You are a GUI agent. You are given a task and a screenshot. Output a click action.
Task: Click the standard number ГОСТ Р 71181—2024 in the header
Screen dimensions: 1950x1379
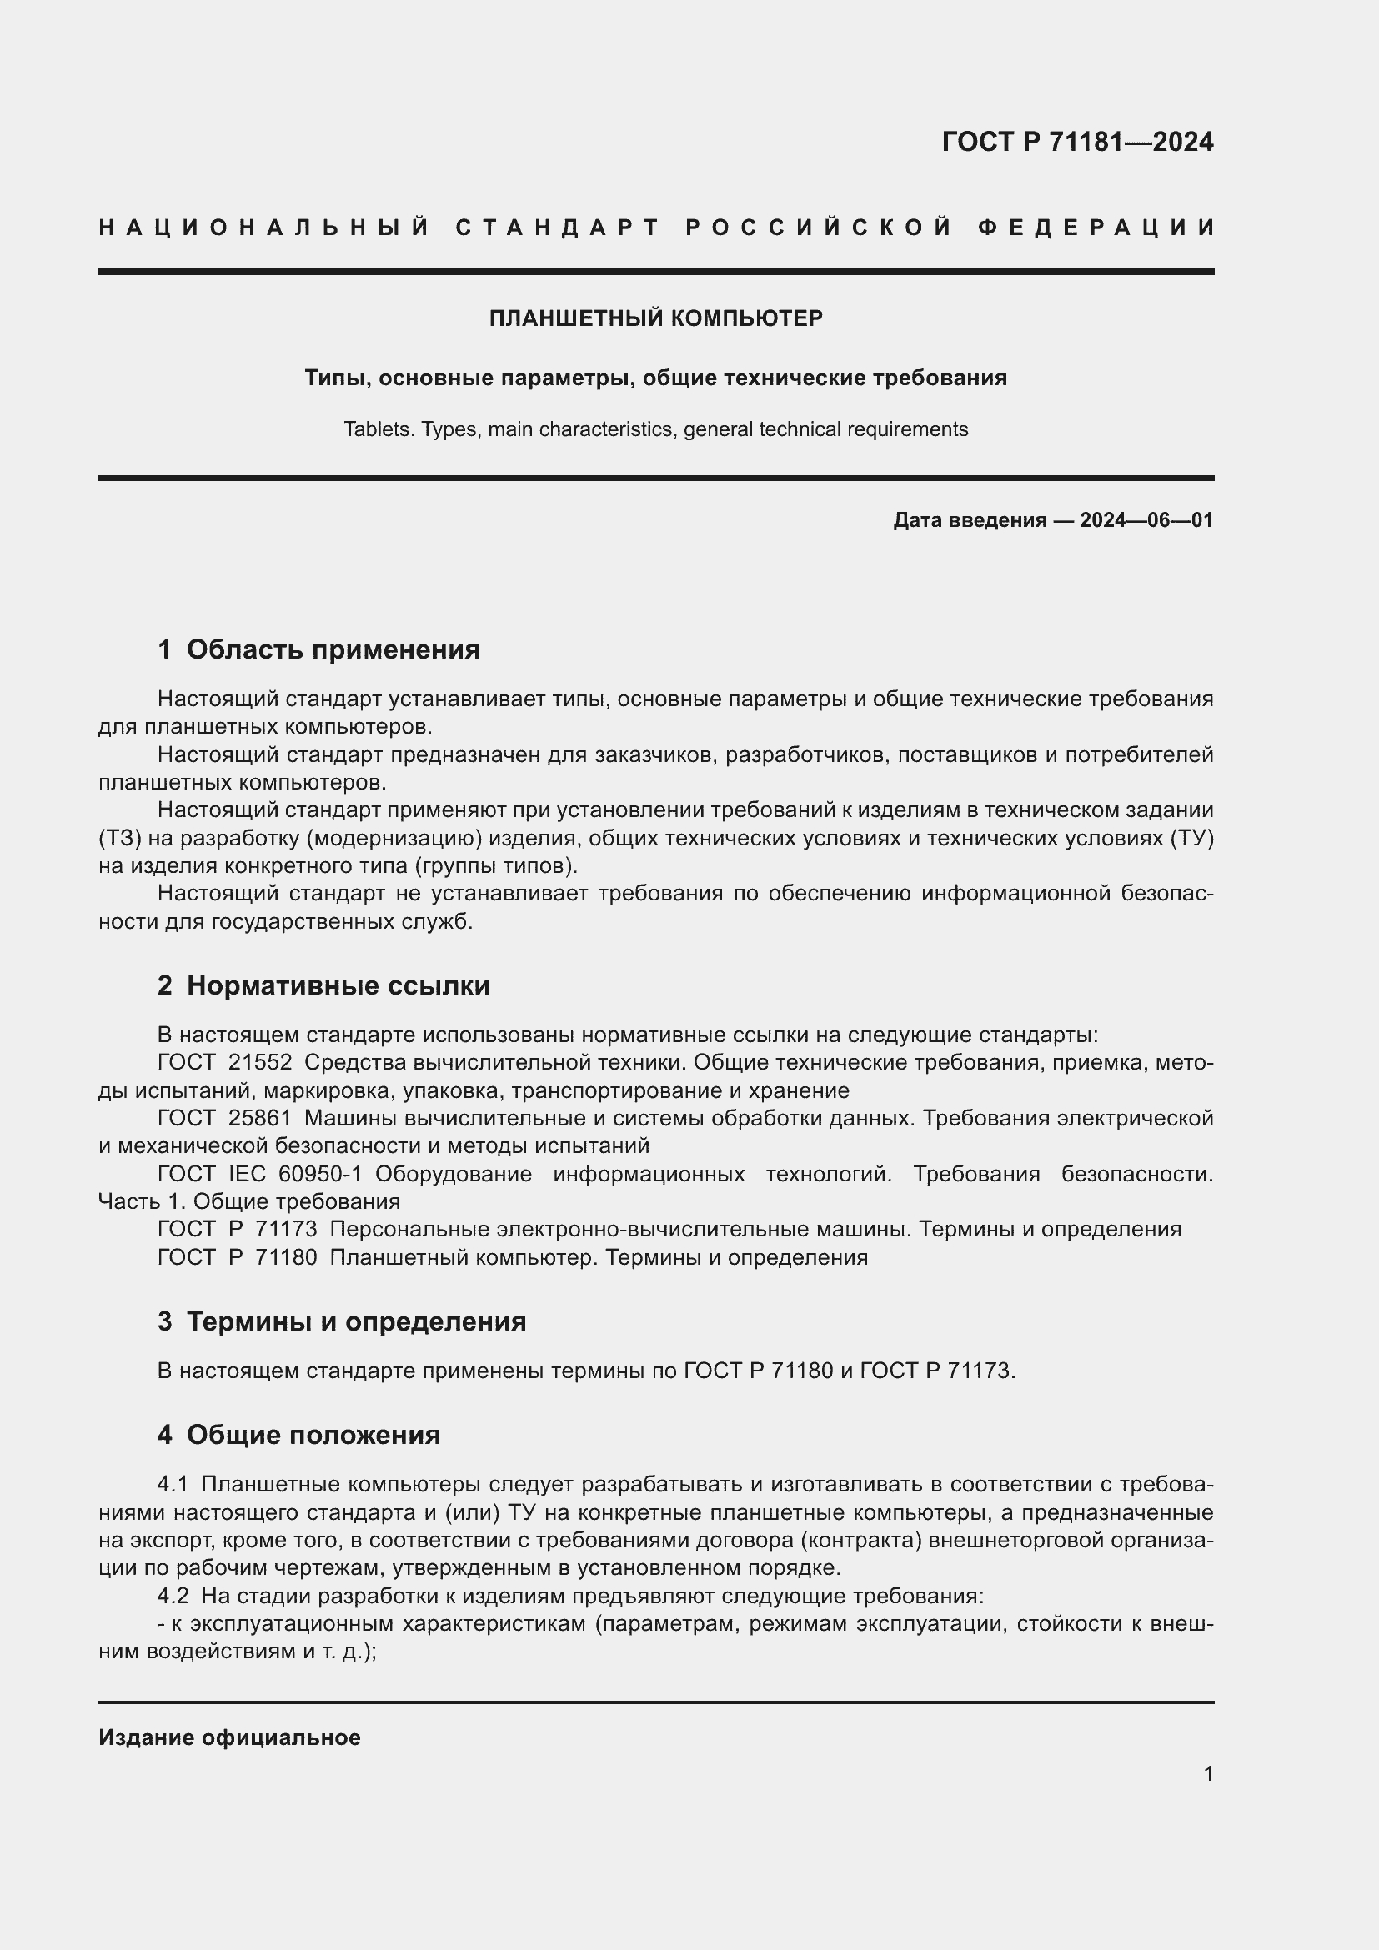(x=1076, y=142)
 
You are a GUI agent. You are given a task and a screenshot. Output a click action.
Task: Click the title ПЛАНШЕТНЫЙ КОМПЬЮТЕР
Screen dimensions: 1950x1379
(x=655, y=318)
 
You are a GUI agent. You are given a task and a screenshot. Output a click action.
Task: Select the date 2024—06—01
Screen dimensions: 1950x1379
(x=1146, y=519)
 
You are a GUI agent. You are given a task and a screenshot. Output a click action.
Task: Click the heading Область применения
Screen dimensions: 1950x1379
(x=333, y=649)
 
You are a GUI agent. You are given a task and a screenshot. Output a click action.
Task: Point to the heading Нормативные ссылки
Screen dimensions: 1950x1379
(x=338, y=985)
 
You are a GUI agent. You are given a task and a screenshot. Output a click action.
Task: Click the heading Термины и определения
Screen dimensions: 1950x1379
(x=356, y=1321)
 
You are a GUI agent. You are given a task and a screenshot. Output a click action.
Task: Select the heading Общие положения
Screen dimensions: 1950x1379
(x=313, y=1435)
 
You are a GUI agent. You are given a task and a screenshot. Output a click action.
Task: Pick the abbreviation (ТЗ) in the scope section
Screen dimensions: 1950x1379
(x=119, y=838)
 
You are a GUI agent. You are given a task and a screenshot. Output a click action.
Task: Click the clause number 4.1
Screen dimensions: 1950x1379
(x=173, y=1485)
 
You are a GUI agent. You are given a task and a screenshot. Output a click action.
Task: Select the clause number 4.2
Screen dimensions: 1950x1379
(x=173, y=1596)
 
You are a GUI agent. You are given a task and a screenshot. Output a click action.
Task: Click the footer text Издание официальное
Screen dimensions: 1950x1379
(x=229, y=1737)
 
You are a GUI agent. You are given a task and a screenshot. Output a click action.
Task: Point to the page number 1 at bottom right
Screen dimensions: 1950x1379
(x=1207, y=1773)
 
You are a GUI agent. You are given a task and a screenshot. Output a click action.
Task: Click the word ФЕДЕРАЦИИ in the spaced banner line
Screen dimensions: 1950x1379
(x=1096, y=228)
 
